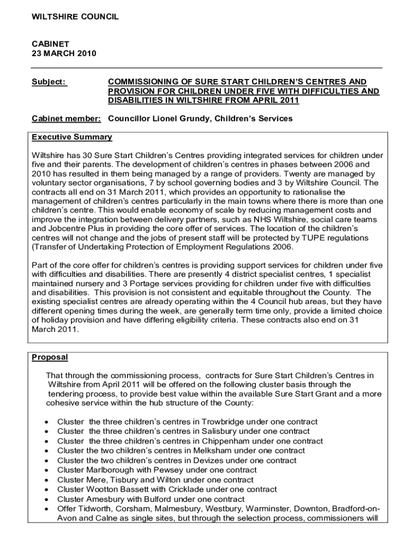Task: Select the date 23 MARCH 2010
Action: (64, 53)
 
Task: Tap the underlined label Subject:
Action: (49, 82)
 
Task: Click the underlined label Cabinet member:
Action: (66, 118)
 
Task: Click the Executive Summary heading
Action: (71, 137)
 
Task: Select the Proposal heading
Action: (50, 357)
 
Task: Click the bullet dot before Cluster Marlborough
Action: (48, 470)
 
